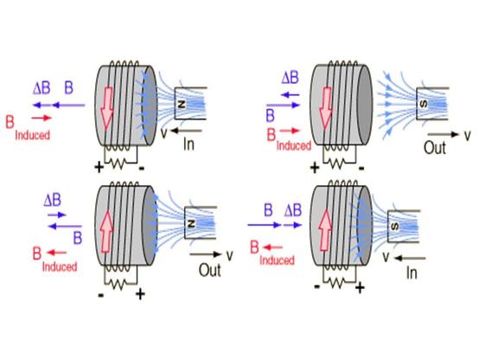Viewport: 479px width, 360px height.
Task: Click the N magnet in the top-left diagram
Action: (190, 103)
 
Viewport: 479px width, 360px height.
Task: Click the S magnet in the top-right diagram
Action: (432, 104)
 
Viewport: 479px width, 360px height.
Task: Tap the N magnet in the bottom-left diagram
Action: (201, 222)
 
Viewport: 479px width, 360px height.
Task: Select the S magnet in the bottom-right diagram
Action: (404, 227)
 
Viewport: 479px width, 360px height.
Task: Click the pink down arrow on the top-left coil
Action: (107, 107)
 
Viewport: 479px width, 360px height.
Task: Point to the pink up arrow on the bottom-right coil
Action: (325, 230)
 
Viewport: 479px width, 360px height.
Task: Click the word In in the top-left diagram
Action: (188, 144)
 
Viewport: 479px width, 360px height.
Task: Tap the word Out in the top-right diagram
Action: (435, 147)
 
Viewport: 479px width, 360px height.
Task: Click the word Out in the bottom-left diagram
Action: (210, 270)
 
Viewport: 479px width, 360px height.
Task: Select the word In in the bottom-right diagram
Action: (412, 273)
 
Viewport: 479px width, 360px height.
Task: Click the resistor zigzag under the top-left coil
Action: (118, 164)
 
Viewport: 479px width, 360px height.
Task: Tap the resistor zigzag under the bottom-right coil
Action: (337, 283)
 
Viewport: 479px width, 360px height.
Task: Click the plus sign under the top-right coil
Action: (315, 168)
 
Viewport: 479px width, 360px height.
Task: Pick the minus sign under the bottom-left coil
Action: (101, 295)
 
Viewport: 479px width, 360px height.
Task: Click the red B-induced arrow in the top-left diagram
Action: (42, 118)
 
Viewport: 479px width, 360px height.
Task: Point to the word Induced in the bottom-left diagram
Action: (60, 267)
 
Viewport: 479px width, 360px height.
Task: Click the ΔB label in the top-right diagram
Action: (290, 78)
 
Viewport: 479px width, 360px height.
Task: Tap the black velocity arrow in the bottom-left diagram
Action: (205, 254)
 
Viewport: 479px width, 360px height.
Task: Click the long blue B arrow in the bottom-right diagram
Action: (265, 225)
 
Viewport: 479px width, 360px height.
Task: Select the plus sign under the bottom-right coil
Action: (360, 288)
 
